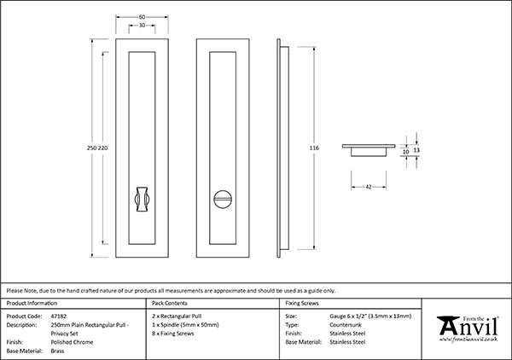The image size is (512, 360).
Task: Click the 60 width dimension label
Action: tap(142, 15)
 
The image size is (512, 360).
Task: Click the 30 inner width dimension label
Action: tap(142, 25)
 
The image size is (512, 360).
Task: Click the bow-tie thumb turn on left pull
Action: tap(142, 198)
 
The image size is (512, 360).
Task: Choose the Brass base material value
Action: tap(59, 351)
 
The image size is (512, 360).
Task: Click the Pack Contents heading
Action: tap(169, 303)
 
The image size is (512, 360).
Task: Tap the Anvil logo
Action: tap(468, 328)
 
